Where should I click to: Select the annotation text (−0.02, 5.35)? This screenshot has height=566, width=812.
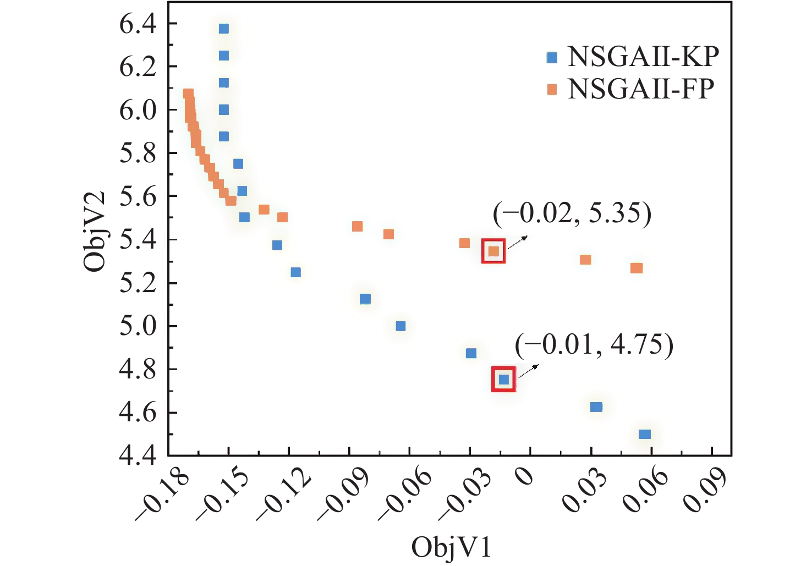pyautogui.click(x=572, y=213)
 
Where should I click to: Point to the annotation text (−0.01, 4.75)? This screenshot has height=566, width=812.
pyautogui.click(x=594, y=345)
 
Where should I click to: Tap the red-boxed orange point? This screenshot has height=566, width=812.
pyautogui.click(x=493, y=251)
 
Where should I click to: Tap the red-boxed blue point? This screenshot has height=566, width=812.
pyautogui.click(x=503, y=379)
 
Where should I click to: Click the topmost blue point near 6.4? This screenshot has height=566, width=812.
pyautogui.click(x=223, y=29)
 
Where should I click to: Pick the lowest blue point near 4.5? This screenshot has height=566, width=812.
pyautogui.click(x=645, y=434)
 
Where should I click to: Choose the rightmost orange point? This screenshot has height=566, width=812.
pyautogui.click(x=637, y=268)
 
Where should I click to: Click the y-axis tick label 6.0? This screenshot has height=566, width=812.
pyautogui.click(x=138, y=110)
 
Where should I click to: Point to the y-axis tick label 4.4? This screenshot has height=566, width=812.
pyautogui.click(x=138, y=455)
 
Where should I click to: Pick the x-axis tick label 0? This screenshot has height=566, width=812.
pyautogui.click(x=525, y=474)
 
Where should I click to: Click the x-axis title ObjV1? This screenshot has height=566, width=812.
pyautogui.click(x=451, y=548)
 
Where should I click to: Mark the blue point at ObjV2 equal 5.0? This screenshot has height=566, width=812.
pyautogui.click(x=400, y=326)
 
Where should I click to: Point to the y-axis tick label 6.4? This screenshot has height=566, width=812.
pyautogui.click(x=138, y=24)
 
